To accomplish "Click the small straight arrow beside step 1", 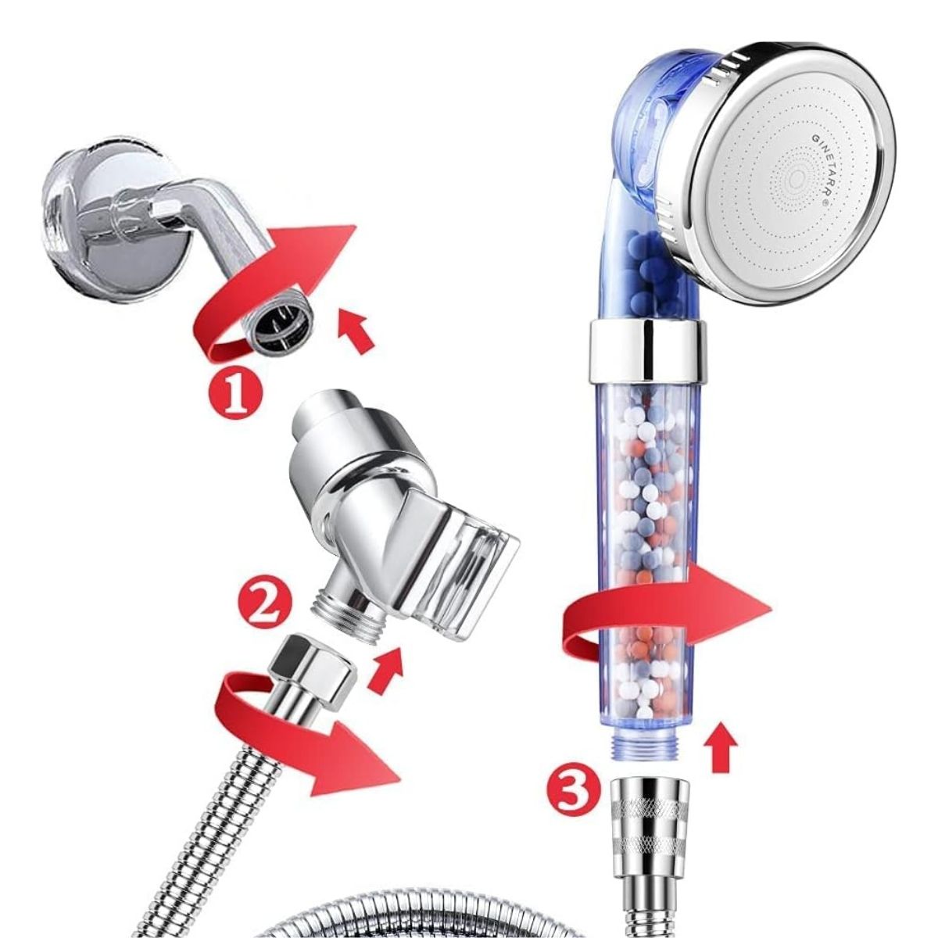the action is [356, 333].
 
